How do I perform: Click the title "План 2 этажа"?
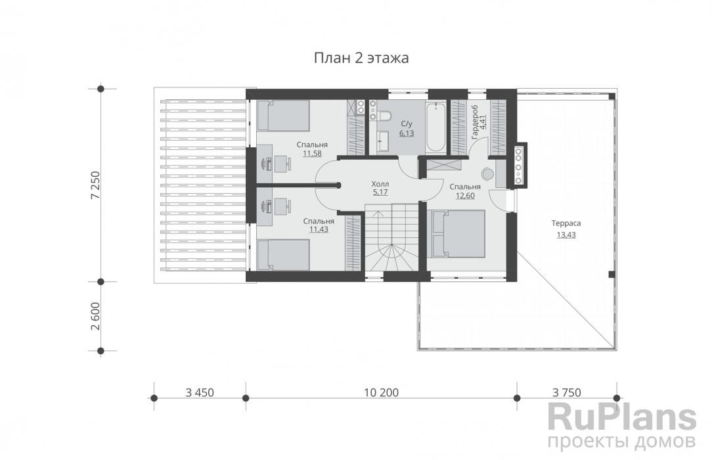[x=361, y=58]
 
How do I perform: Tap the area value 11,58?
[x=312, y=154]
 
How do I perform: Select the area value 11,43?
[x=319, y=229]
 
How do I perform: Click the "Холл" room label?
[x=380, y=184]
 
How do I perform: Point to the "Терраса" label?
[x=566, y=223]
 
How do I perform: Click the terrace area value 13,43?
[x=566, y=235]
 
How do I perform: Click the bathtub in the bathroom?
[x=436, y=127]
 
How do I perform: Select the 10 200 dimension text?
[x=381, y=392]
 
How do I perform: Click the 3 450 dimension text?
[x=200, y=392]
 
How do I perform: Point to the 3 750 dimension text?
[x=567, y=392]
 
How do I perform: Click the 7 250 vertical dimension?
[x=95, y=185]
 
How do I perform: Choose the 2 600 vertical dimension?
[x=95, y=317]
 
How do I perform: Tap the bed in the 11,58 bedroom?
[x=283, y=115]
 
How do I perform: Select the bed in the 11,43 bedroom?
[x=283, y=255]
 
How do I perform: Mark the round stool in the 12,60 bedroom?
[x=488, y=174]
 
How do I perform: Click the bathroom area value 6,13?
[x=407, y=133]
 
